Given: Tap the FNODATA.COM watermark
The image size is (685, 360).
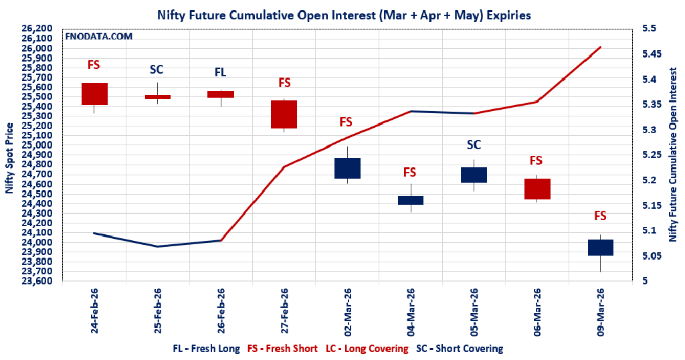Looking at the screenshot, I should (98, 36).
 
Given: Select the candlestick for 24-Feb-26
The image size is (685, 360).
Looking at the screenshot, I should (94, 94).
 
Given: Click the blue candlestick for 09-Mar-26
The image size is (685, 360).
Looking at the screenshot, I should (600, 247).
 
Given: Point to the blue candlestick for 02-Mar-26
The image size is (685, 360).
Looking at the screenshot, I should (347, 168).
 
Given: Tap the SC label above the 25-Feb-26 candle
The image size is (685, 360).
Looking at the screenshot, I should (157, 70).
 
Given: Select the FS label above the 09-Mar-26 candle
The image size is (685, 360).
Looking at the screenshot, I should (600, 215).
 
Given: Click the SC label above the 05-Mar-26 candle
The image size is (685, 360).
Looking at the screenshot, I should (474, 145).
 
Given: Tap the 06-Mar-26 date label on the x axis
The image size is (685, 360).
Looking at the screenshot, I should (537, 311).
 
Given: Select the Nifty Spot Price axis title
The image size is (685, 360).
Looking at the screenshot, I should (9, 158).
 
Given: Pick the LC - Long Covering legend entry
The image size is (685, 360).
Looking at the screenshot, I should (367, 349).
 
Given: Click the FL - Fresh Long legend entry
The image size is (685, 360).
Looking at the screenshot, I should (206, 349).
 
